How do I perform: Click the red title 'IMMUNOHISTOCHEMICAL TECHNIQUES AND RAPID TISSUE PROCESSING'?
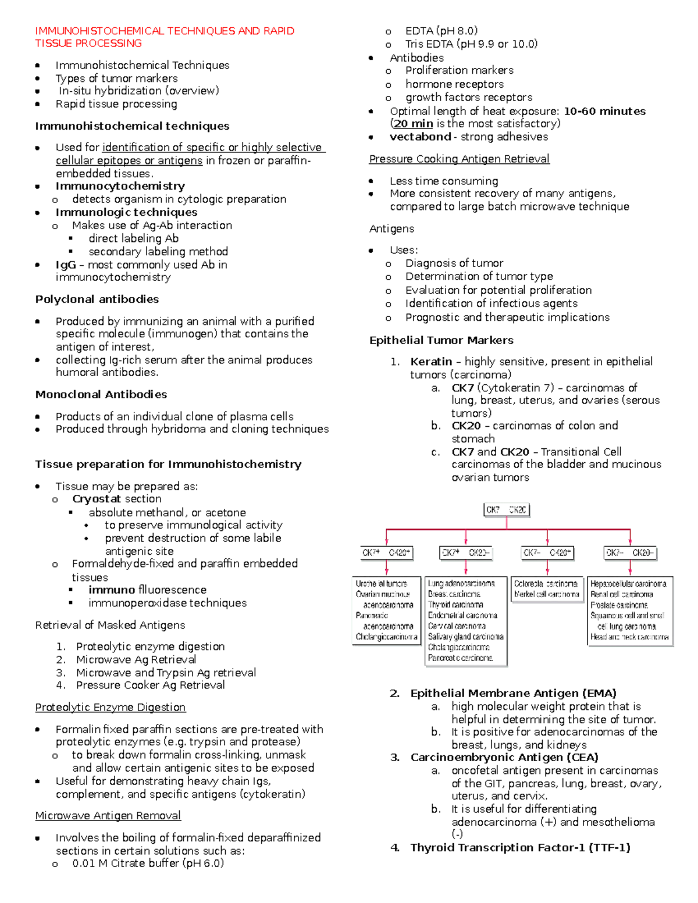[165, 37]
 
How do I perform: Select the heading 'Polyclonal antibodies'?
[97, 299]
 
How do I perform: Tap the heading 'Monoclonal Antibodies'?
[101, 395]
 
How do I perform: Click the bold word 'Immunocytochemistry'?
[120, 186]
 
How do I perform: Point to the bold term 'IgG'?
[66, 265]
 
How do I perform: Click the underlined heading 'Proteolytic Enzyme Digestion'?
[110, 708]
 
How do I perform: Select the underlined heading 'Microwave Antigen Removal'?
[108, 816]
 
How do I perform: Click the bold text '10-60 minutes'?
[604, 111]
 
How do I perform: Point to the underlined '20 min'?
[413, 124]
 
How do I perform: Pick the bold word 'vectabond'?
[420, 137]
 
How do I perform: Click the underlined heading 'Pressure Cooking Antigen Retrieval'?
[459, 159]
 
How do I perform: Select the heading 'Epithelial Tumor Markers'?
[441, 341]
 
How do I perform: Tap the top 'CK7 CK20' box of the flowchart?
[506, 510]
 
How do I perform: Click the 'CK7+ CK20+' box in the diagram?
[386, 553]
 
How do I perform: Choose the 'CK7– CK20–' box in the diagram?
[630, 553]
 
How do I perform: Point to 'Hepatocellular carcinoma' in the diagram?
[628, 584]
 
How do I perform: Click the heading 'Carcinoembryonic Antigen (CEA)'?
[504, 758]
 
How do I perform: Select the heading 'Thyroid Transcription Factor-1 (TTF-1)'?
[520, 848]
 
